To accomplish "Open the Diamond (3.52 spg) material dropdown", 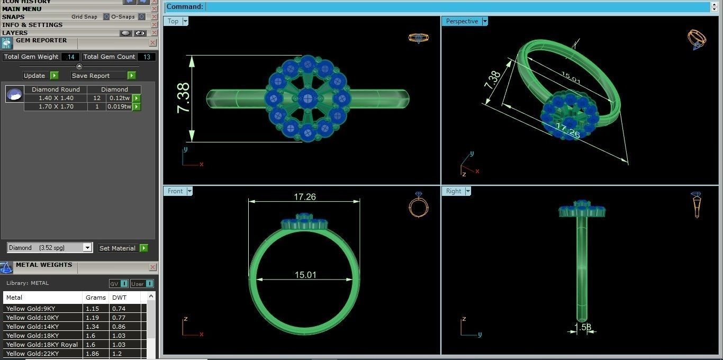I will click(87, 248).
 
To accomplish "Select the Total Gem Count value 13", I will click(147, 57).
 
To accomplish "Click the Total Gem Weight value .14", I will click(70, 57).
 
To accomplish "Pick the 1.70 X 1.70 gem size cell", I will click(56, 107).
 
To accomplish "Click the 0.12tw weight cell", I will click(119, 98).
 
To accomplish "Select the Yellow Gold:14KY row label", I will click(32, 327).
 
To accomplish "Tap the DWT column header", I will click(119, 298).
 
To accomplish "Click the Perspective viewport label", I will click(462, 21).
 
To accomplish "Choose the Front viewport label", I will click(175, 191).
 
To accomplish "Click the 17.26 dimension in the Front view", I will click(304, 197).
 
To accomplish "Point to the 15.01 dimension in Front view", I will click(305, 275).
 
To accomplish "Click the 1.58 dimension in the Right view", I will click(583, 327).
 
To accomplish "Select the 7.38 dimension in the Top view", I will click(183, 98).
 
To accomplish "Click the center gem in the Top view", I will click(308, 98).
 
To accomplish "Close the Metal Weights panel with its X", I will click(152, 267).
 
